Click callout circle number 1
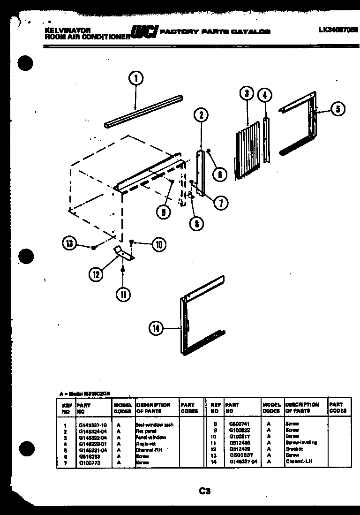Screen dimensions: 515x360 (x=135, y=79)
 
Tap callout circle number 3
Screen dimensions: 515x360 (x=246, y=93)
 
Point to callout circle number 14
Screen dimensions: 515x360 (x=156, y=329)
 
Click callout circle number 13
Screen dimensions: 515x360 (x=69, y=243)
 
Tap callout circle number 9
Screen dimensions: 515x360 (x=163, y=212)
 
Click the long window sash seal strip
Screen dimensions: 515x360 (x=143, y=111)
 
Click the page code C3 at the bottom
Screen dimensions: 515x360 (x=204, y=492)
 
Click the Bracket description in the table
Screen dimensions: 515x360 (x=294, y=449)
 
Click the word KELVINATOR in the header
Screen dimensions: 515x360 (x=61, y=29)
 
